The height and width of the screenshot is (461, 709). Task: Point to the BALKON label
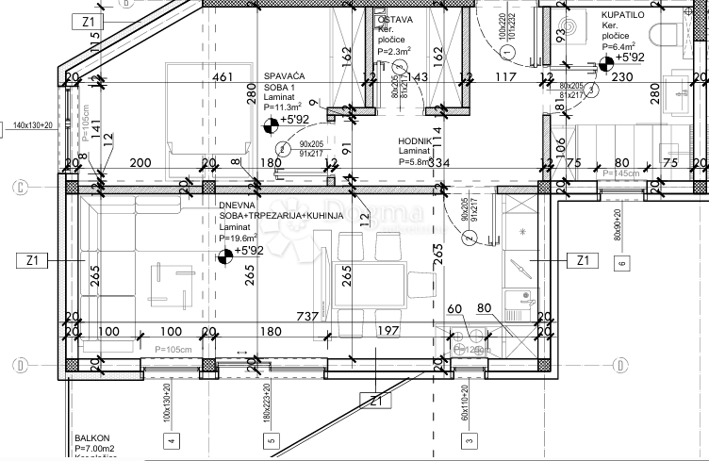click(x=92, y=438)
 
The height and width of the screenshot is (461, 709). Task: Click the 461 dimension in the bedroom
click(x=223, y=77)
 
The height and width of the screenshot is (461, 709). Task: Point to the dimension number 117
click(x=506, y=77)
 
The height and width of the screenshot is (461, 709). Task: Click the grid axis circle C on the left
click(x=18, y=187)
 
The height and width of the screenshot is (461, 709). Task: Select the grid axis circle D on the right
click(x=620, y=365)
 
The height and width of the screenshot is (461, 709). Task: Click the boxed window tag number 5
click(x=271, y=439)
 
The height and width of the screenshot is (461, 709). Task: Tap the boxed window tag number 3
click(x=467, y=439)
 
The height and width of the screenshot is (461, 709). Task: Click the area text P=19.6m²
click(x=240, y=239)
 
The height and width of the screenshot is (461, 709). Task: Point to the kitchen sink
click(x=517, y=300)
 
